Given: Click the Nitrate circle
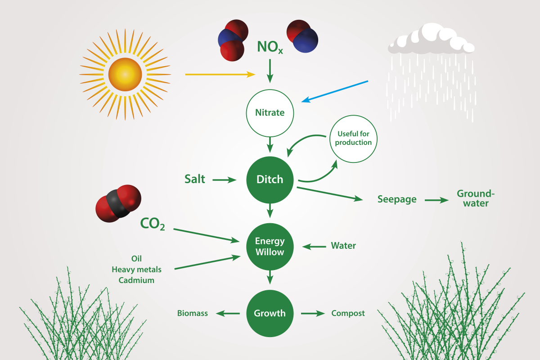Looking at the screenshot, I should pos(270,112).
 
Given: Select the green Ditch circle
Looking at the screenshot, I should pos(270,180).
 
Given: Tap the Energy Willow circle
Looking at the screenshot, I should pos(270,247).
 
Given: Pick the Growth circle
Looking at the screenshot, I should pos(270,313).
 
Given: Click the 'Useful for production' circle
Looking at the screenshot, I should pos(353,139).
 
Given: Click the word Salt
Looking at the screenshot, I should pos(195,179).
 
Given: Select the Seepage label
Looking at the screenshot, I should pos(397,199).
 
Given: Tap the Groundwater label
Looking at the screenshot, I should pos(476,198).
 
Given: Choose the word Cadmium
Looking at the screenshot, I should pos(136,280).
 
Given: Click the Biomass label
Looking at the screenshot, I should pos(193,313).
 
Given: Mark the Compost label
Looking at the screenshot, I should pos(348,313).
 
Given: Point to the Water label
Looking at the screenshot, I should pos(343,246).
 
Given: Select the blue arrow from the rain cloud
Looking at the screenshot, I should pos(335,91).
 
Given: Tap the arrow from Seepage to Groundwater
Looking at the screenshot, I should pos(436,199).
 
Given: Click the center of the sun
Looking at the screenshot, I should pos(125,74).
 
